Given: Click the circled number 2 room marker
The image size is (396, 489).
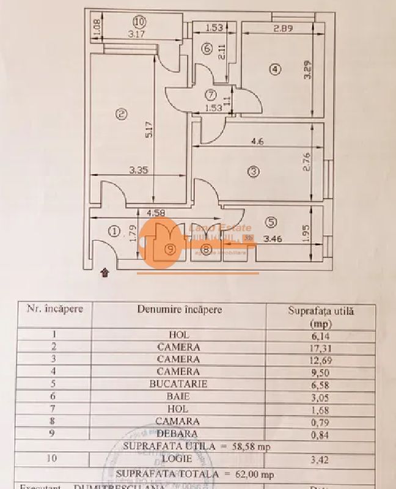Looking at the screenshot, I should pyautogui.click(x=121, y=114).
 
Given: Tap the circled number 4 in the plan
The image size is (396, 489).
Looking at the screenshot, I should pyautogui.click(x=276, y=69).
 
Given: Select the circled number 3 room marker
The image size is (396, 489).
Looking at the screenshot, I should pyautogui.click(x=253, y=172).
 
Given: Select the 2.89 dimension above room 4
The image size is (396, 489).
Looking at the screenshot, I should pyautogui.click(x=282, y=28).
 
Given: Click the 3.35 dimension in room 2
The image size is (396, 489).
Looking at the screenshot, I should pyautogui.click(x=138, y=171).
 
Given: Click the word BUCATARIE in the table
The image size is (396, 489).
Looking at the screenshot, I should pyautogui.click(x=178, y=384).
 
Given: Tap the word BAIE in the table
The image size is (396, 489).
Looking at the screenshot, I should pyautogui.click(x=178, y=397).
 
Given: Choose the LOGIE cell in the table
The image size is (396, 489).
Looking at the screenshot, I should pyautogui.click(x=178, y=458).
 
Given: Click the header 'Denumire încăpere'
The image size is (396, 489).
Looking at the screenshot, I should pyautogui.click(x=179, y=309).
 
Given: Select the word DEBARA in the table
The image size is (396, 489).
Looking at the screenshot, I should pyautogui.click(x=178, y=433).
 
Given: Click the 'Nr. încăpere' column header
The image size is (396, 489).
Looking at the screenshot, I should pyautogui.click(x=54, y=309).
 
